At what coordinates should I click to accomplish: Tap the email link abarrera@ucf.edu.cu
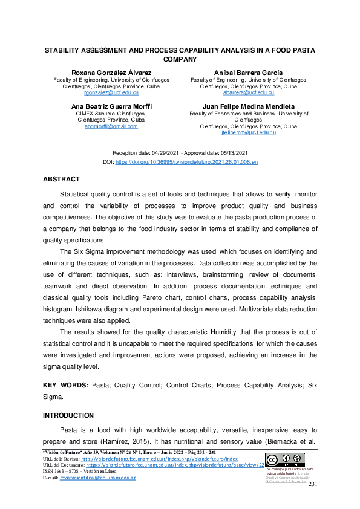[249, 93]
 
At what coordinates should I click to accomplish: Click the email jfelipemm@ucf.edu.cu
[249, 132]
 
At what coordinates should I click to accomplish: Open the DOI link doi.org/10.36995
[186, 163]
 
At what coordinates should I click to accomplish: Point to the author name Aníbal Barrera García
[249, 73]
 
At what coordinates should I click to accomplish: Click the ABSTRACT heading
[61, 180]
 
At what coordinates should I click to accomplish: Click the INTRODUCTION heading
[68, 415]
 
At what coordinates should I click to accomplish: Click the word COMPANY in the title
[180, 60]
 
